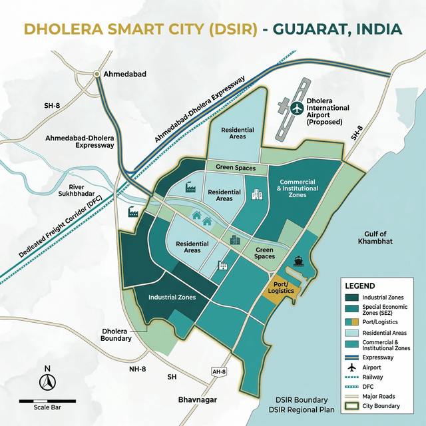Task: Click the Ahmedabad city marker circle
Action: tap(98, 74)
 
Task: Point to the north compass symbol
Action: tap(47, 381)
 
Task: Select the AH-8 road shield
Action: tap(218, 371)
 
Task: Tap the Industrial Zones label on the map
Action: tap(172, 298)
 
